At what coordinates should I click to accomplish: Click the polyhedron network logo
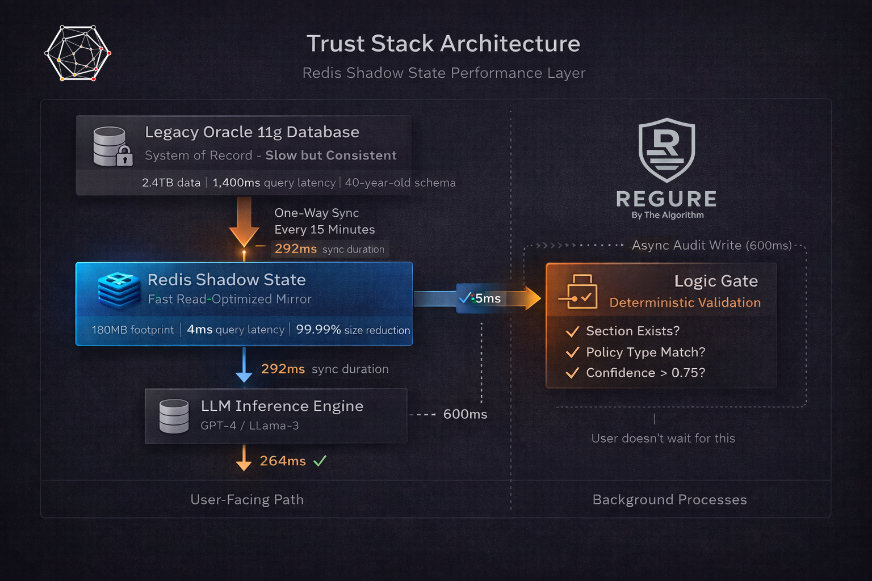78,53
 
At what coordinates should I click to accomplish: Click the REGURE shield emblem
667,150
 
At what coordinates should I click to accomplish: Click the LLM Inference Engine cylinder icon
174,416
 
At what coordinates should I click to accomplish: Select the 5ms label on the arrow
488,298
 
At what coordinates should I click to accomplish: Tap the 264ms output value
283,461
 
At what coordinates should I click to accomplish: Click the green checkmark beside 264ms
320,461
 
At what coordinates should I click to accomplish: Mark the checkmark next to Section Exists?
572,331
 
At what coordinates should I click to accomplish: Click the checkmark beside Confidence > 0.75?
572,373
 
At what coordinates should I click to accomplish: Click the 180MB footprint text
133,330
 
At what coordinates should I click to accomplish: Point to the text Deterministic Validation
685,303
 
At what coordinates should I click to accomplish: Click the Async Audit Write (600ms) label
711,245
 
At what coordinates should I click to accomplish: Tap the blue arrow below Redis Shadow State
244,365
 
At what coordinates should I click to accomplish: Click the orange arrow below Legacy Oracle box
244,222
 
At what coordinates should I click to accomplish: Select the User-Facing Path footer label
247,500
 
